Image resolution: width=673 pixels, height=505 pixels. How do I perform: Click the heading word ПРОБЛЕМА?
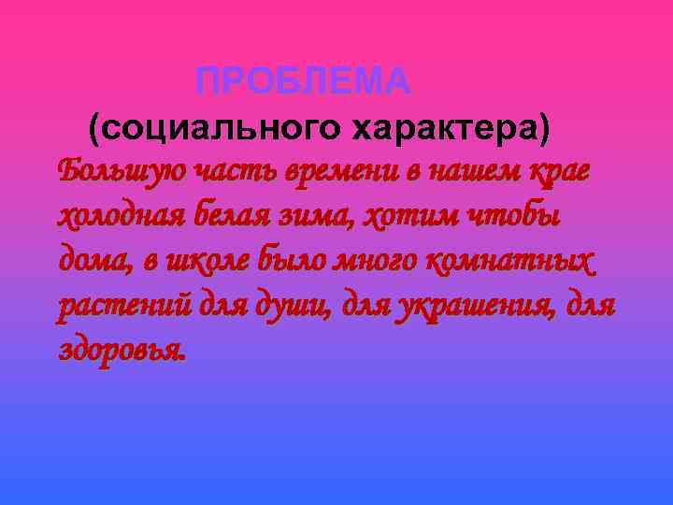304,83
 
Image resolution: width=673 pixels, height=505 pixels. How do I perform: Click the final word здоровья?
122,350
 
